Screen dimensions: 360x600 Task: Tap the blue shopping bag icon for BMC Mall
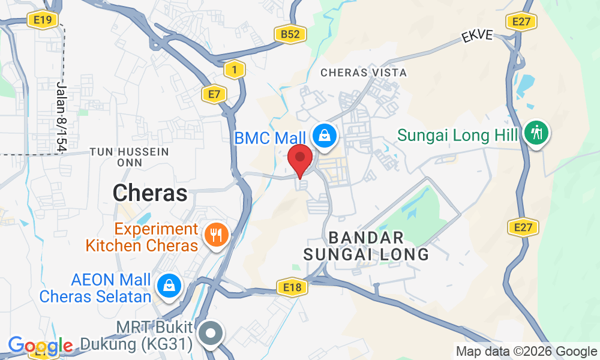324,136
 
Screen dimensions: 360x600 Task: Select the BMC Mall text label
270,138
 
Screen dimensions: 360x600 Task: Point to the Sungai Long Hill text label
457,134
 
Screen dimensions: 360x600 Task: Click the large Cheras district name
150,193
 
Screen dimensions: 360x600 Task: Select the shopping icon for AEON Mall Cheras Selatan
170,286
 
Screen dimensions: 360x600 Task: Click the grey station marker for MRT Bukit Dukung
211,334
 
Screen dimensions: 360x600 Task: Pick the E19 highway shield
42,20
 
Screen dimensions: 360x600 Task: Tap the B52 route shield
290,35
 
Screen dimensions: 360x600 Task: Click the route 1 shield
235,70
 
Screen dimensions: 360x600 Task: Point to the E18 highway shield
292,288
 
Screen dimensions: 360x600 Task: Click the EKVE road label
477,36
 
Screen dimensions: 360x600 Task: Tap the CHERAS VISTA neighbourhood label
364,73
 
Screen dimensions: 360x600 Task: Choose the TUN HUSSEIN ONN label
129,157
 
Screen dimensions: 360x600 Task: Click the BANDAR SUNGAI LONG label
366,245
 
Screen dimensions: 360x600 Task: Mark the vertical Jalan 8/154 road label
61,117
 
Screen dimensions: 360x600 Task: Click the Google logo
40,346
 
